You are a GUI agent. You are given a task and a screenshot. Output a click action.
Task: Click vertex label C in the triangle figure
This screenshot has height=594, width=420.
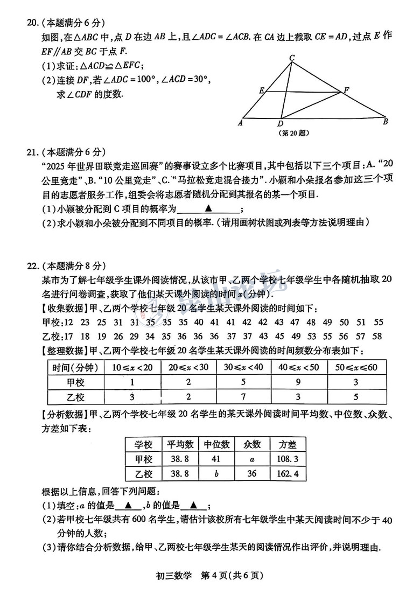pos(291,58)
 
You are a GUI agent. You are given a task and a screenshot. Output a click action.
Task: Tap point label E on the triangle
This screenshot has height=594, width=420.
pos(261,90)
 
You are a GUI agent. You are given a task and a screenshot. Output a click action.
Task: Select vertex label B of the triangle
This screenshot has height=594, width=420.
pos(386,121)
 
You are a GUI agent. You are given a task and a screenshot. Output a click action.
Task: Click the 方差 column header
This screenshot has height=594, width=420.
pos(288,444)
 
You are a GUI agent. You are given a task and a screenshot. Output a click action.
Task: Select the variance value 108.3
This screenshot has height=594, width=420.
pos(288,459)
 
